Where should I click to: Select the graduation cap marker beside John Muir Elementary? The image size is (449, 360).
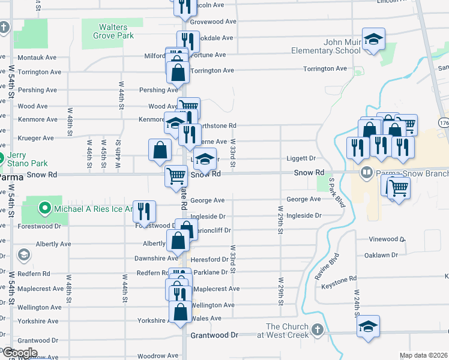tap(373, 40)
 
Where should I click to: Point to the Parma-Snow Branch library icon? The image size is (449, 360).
tap(366, 173)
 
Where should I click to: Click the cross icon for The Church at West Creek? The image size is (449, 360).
tap(316, 330)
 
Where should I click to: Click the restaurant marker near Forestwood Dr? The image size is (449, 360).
tap(144, 211)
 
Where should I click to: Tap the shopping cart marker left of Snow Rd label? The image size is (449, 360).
tap(176, 176)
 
